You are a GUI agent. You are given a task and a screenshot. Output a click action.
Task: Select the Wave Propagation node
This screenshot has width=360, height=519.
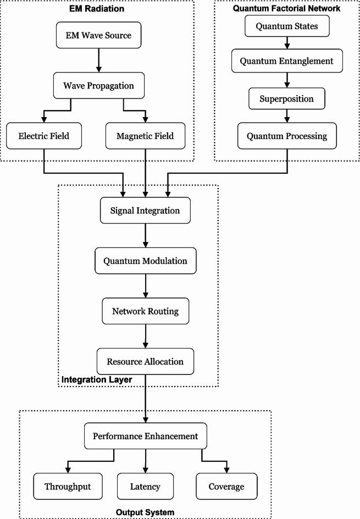[99, 86]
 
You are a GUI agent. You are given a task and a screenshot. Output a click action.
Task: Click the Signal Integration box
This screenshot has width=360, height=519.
[145, 211]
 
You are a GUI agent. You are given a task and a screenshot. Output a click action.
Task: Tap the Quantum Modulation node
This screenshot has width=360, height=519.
[145, 261]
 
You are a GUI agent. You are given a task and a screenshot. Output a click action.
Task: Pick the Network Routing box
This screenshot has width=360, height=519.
[145, 311]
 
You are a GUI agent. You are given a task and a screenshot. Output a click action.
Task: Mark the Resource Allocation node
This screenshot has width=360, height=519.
[145, 362]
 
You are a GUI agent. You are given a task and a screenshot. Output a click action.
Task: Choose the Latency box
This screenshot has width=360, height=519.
[145, 487]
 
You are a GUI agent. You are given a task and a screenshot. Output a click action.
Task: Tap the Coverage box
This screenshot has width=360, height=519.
[226, 487]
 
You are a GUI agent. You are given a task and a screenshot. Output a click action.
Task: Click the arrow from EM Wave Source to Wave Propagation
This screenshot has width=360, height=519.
[99, 62]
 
